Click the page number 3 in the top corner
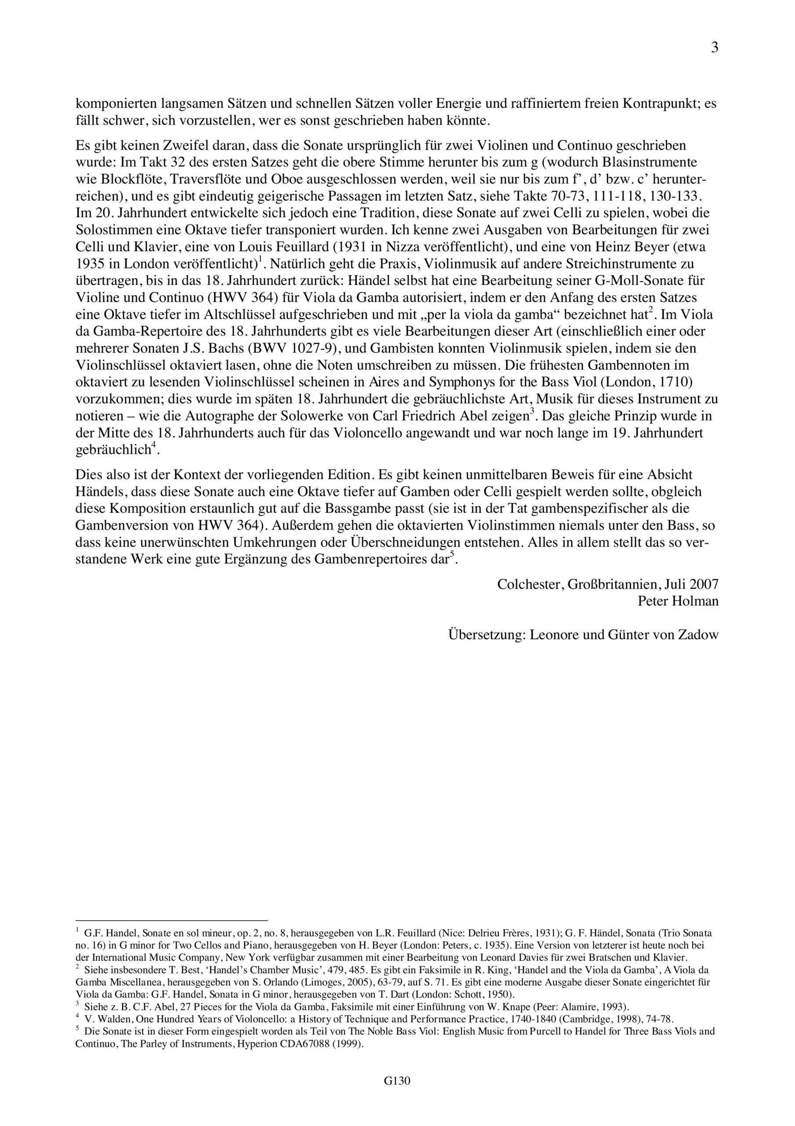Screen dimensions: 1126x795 715,48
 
